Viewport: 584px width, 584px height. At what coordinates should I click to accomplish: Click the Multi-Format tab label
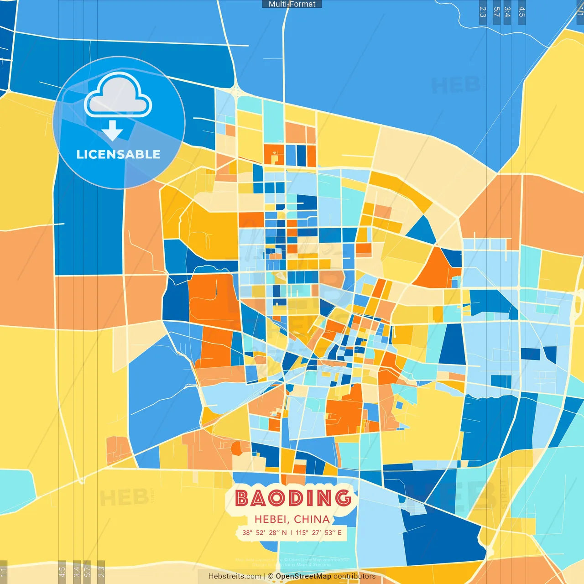292,4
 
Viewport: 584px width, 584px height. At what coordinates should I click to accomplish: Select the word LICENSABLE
118,155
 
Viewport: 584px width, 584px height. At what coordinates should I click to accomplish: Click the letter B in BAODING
242,498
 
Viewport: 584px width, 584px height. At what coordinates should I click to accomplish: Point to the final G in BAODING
343,498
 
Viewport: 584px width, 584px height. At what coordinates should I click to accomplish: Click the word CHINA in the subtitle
312,519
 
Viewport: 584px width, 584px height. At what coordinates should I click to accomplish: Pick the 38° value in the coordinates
247,532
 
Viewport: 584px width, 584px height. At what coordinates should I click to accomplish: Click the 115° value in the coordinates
302,532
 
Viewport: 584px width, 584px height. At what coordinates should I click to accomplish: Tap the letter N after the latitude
285,532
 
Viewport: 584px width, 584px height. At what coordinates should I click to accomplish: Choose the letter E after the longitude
339,532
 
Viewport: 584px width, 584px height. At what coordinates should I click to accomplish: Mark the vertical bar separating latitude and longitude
291,532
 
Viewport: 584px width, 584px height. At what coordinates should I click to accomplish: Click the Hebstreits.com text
235,576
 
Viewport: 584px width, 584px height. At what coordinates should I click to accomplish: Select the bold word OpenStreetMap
303,576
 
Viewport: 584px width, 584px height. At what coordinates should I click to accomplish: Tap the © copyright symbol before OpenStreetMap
271,576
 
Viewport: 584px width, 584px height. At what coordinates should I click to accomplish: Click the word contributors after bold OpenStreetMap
355,576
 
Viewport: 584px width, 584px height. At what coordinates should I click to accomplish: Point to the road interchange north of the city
235,91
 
